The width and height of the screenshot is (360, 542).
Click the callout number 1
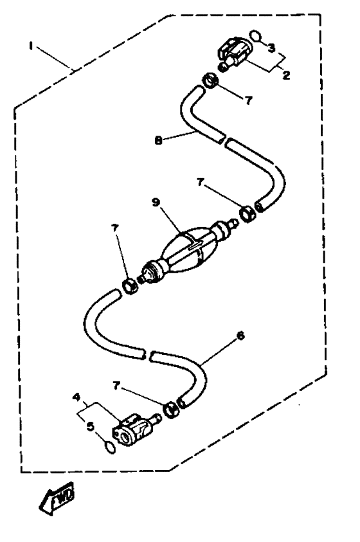(31, 46)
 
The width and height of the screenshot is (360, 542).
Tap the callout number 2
(286, 75)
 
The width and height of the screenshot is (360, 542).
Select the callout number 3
(271, 48)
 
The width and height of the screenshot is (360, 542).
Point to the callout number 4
(76, 397)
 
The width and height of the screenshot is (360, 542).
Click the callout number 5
(91, 426)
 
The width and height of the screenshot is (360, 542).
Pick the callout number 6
(240, 335)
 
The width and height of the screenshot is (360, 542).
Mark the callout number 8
(158, 140)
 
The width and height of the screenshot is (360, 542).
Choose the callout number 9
(156, 203)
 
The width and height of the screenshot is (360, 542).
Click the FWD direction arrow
(57, 498)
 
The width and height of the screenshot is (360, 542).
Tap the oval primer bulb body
(188, 246)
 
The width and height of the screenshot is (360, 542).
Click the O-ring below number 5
(109, 448)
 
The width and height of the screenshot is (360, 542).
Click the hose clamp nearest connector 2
(210, 81)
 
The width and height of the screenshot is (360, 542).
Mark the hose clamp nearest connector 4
(170, 410)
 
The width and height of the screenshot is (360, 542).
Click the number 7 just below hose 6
(116, 386)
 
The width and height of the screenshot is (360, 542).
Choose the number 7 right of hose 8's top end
(249, 100)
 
